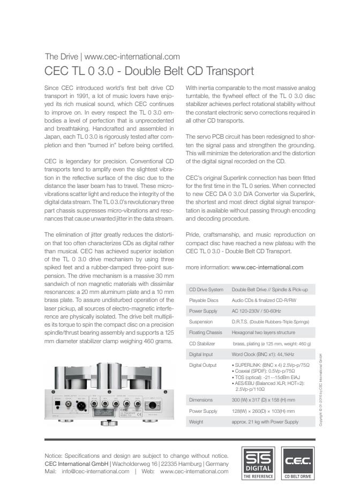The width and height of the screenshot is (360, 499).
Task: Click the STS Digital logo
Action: coord(259,463)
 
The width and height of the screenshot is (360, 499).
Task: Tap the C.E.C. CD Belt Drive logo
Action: coord(298,463)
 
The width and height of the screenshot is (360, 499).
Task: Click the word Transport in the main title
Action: coord(230,71)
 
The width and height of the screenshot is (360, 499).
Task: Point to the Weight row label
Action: coord(197,421)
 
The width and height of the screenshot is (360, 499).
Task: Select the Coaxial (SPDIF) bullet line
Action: coord(266,371)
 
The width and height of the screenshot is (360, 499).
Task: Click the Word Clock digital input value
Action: coord(263,354)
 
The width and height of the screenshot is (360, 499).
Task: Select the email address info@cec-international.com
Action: coord(96,472)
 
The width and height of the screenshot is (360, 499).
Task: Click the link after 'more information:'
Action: coord(267,267)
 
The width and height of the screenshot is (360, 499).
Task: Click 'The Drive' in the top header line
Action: coord(61,56)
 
